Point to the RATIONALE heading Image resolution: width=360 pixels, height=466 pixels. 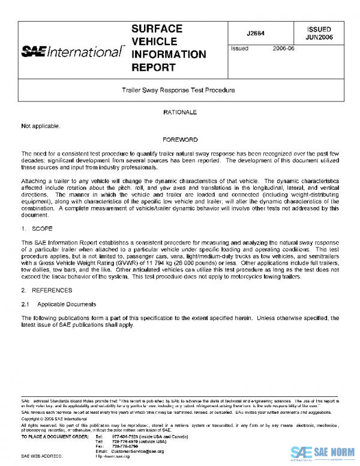pos(180,112)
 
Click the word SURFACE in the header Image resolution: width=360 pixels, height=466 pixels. pos(157,29)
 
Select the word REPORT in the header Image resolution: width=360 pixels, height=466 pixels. pos(152,67)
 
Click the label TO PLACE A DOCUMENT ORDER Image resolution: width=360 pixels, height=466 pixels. pos(55,436)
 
